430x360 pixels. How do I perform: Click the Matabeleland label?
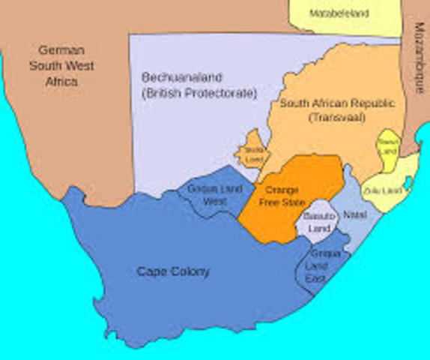tap(339, 13)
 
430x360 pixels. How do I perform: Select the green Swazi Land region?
tap(388, 147)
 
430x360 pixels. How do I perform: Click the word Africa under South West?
tap(61, 81)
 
